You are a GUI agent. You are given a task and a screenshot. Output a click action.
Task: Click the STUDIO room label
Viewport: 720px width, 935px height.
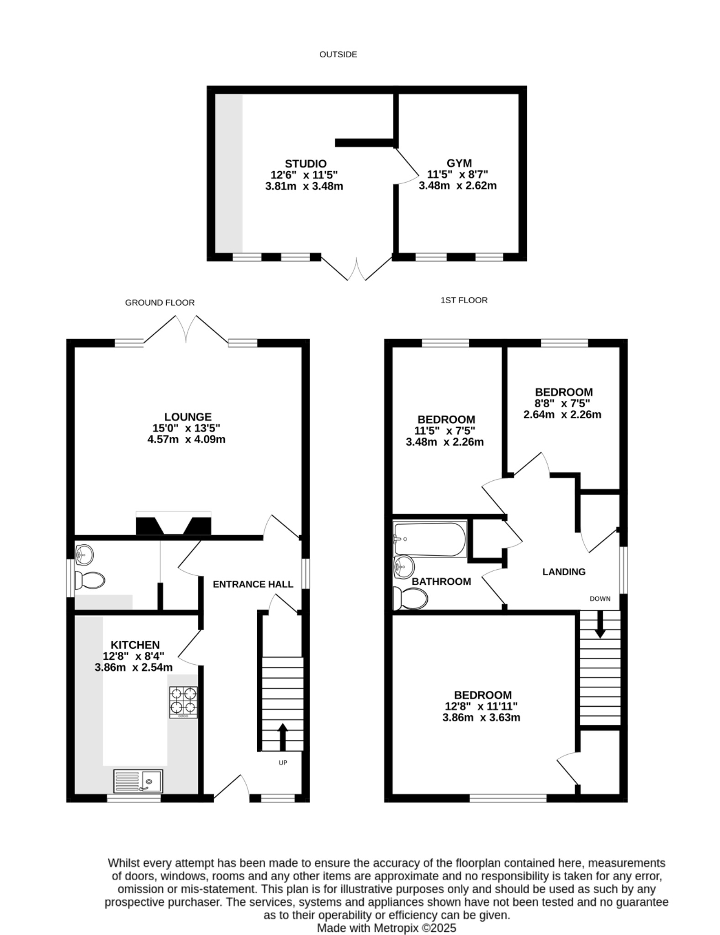coord(305,163)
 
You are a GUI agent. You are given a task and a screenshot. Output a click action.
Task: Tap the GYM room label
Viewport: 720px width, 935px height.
coord(459,163)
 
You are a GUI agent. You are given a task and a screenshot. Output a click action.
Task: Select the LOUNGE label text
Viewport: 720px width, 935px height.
coord(188,417)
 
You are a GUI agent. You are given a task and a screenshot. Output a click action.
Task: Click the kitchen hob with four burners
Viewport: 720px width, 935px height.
coord(183,702)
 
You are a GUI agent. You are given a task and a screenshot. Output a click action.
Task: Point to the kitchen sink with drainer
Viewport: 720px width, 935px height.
coord(138,781)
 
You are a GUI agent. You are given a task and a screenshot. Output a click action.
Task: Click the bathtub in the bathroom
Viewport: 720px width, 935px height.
coord(429,539)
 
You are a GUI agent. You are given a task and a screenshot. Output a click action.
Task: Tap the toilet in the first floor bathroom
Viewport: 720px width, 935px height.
coord(410,598)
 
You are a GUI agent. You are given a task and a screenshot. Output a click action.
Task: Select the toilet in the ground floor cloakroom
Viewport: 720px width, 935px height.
coord(90,580)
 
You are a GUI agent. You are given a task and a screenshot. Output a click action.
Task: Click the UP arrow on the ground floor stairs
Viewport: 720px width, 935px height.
coord(282,736)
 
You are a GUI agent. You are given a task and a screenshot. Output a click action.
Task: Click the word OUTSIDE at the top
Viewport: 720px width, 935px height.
coord(338,54)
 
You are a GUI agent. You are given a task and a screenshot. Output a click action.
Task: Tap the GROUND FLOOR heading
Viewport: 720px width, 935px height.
coord(160,303)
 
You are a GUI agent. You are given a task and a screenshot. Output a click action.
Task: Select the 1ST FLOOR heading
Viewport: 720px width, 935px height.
coord(464,300)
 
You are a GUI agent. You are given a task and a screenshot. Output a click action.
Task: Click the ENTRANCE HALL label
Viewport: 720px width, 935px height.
coord(253,584)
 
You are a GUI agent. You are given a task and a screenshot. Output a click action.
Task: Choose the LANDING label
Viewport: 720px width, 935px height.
coord(563,572)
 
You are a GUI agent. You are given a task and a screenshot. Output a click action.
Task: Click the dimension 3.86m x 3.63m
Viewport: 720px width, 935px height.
coord(481,717)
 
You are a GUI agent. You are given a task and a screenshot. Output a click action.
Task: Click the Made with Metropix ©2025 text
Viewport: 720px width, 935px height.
coord(386,928)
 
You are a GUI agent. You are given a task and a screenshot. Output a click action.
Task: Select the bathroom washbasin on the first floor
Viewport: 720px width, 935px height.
coord(404,567)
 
